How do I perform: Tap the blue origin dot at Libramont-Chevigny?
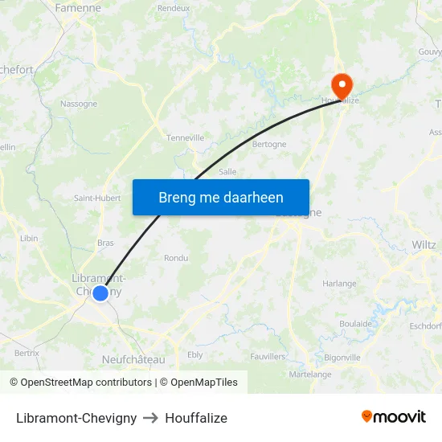(100, 293)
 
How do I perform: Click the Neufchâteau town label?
(133, 359)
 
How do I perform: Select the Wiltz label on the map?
(423, 244)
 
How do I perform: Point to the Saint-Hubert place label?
(97, 198)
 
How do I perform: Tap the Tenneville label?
(185, 137)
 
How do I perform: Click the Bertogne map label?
(269, 145)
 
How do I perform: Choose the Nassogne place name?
(79, 104)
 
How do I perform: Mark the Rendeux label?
(174, 8)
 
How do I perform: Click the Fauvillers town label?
(268, 355)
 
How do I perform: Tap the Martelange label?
(310, 374)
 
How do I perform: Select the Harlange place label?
(339, 284)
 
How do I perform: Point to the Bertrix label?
(27, 352)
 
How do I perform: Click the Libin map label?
(29, 238)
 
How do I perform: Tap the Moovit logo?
(394, 416)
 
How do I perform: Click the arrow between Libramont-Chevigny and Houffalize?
(151, 418)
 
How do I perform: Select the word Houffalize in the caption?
(196, 418)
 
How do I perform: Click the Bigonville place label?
(342, 357)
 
